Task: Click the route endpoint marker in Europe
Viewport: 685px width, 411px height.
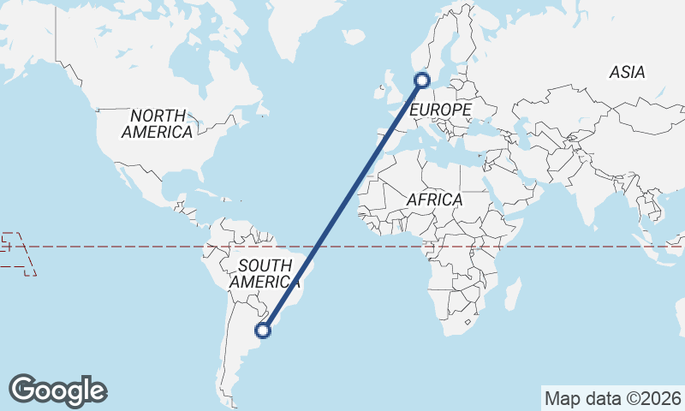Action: (x=421, y=80)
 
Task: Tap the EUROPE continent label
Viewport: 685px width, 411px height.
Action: (x=440, y=110)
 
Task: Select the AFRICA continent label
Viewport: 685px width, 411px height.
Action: (x=434, y=200)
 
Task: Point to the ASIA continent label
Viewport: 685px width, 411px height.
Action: (x=627, y=74)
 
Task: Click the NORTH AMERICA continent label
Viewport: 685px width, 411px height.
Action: (x=157, y=124)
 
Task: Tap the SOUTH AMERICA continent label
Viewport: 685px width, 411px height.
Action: (x=265, y=273)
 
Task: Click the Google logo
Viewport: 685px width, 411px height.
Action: (x=57, y=390)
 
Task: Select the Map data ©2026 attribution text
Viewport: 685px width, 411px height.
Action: (x=613, y=398)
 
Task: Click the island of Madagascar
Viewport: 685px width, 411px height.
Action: (x=512, y=295)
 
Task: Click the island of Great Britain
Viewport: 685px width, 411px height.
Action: (x=387, y=88)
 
